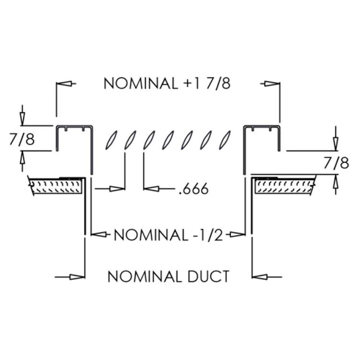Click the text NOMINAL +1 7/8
167,83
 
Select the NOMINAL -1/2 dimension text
168,235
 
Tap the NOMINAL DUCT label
168,276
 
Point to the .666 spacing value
193,189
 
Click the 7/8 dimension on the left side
22,139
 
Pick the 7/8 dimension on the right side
336,163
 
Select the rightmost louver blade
223,140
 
